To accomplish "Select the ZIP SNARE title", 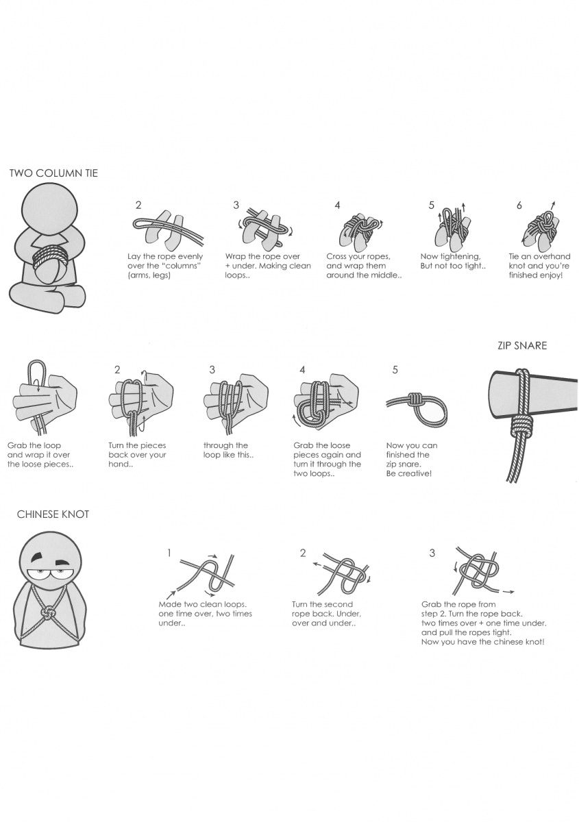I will coord(522,346).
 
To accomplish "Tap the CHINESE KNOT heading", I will coord(53,514).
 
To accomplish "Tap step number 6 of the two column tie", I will coord(519,205).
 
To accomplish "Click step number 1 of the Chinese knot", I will coord(169,552).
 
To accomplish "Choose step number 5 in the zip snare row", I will coord(395,370).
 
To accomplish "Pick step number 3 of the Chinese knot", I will coord(432,553).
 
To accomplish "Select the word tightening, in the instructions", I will coord(461,256).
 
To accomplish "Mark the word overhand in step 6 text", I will coord(547,256).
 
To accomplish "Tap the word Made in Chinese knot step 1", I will coord(169,604).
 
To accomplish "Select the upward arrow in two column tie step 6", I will coord(552,204).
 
